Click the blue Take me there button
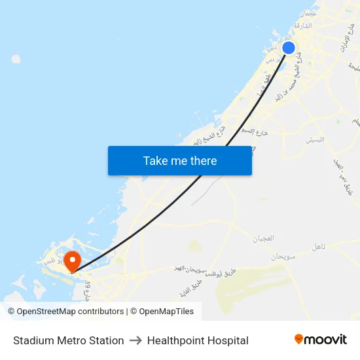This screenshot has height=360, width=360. (180, 160)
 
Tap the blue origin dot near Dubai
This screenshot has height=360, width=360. (288, 47)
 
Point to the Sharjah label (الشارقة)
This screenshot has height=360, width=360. (302, 26)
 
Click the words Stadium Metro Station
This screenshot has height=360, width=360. (68, 340)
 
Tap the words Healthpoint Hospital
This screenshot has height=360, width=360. (198, 340)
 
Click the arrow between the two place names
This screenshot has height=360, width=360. (135, 340)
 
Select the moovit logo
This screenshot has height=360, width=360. (320, 339)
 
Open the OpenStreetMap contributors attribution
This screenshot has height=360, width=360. (66, 312)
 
